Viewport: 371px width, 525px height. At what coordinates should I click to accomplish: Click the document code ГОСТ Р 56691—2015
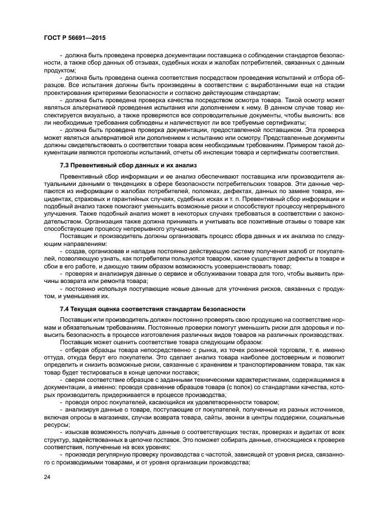[74, 38]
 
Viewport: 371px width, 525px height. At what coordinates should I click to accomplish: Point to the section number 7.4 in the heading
[66, 308]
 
